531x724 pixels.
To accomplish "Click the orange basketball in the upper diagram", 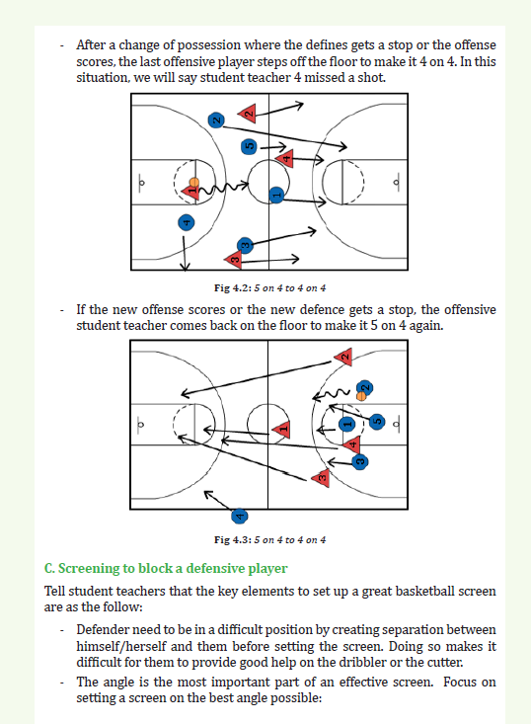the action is point(194,182).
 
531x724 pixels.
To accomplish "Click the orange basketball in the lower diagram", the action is point(361,396).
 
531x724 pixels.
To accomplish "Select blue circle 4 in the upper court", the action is point(186,222).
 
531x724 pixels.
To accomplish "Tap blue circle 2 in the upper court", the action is point(216,121).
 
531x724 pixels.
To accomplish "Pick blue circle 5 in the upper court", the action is point(249,147).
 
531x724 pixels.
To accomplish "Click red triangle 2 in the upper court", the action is point(248,113).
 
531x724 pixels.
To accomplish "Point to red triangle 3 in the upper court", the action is point(234,260).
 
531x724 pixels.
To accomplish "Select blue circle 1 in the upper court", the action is point(276,195).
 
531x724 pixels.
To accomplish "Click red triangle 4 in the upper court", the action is point(285,159).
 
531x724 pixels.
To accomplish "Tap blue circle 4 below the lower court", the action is point(239,516).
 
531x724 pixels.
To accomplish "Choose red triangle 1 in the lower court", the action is point(282,430).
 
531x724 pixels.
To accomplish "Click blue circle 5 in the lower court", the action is point(377,421).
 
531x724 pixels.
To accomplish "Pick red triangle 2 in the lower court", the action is point(343,357).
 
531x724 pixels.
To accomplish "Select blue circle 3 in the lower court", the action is point(360,461).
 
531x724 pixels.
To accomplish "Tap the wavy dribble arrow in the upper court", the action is point(224,188).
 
